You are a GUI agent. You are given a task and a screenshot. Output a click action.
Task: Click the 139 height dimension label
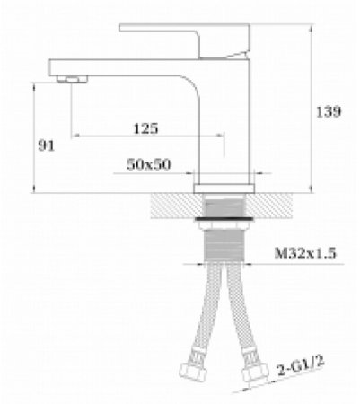point(329,111)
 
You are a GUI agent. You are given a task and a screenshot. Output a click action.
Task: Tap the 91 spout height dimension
point(47,145)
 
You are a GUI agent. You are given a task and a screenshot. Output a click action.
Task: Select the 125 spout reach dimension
point(145,128)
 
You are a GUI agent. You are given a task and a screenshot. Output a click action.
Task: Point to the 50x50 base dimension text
point(149,164)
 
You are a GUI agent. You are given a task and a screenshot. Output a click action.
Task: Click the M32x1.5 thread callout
point(305,253)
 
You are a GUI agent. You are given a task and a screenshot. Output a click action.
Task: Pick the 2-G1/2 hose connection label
point(301,365)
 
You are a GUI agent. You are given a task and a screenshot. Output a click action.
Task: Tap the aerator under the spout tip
point(72,79)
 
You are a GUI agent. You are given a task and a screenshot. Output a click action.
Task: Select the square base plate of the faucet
point(224,189)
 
